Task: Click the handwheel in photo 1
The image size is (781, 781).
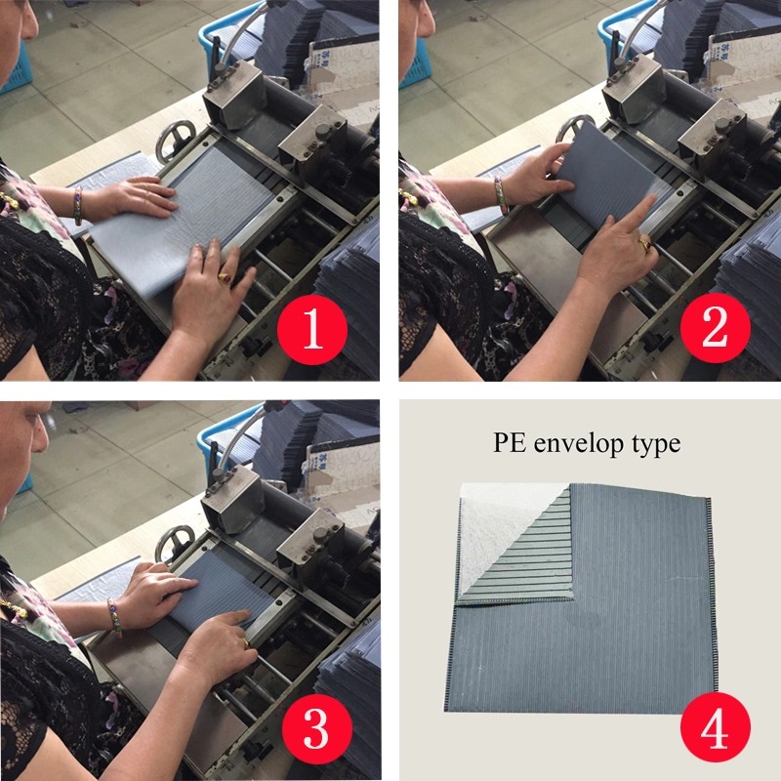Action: pyautogui.click(x=175, y=137)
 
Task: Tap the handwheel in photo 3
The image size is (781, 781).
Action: pyautogui.click(x=177, y=541)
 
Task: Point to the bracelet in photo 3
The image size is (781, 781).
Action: pyautogui.click(x=113, y=616)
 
